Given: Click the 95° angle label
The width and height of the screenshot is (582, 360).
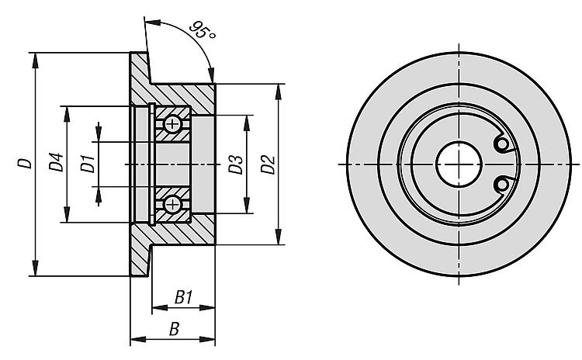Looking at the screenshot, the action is pos(203,30).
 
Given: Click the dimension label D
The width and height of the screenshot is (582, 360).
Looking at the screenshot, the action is pos(26,163).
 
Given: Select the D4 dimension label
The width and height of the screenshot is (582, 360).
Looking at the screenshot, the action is pos(57,162).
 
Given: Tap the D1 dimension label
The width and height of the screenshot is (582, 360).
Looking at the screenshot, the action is pos(88,164).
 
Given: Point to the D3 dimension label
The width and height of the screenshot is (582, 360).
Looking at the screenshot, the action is pos(236,164).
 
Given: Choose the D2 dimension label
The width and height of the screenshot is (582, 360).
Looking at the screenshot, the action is pos(268,164).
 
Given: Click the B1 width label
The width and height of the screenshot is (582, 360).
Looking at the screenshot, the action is pos(183,297).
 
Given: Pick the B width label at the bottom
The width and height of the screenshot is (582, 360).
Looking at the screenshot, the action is pos(174,329).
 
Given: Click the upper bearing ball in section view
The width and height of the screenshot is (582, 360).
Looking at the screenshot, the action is pos(172,124).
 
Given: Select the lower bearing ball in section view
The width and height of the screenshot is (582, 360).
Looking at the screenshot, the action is pos(172,204).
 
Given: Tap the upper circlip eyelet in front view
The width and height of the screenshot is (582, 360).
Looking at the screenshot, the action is pos(502,144).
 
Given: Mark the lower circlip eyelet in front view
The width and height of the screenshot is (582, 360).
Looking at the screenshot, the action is pos(502,185).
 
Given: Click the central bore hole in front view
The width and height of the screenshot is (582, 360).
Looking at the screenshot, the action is pos(459,164).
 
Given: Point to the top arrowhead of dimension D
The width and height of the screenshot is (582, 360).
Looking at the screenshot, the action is pos(35,61).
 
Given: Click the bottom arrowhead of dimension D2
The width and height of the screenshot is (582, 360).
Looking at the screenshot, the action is pos(279,237).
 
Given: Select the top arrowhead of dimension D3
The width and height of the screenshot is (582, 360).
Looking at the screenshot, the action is pos(247,123).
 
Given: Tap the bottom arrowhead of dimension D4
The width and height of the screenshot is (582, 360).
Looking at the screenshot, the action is pos(67,214).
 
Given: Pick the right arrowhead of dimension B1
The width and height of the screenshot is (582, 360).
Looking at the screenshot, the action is pos(207,308).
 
